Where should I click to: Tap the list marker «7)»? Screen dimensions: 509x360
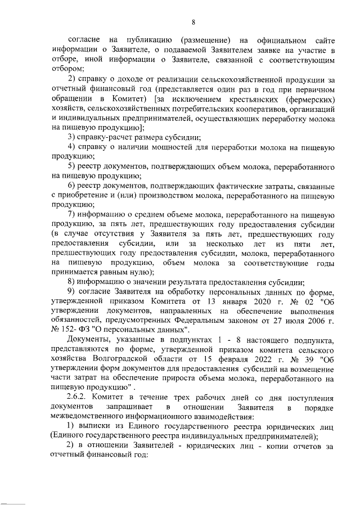[x=72, y=215]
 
